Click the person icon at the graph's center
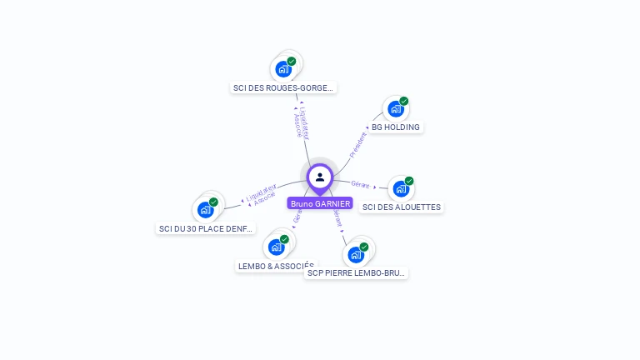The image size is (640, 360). click(320, 177)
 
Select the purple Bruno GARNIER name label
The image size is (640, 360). click(320, 203)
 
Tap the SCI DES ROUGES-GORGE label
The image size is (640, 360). click(283, 87)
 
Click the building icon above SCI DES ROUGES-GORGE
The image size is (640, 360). click(283, 69)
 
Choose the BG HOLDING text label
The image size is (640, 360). click(396, 127)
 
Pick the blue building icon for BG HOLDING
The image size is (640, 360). click(396, 108)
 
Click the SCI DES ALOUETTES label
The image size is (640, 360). click(402, 207)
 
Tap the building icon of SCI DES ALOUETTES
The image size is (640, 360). click(401, 188)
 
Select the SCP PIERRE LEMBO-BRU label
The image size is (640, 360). click(356, 272)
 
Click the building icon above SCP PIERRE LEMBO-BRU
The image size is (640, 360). click(356, 254)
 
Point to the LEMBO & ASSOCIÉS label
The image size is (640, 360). click(275, 267)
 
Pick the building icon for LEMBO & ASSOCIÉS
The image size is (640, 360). click(276, 247)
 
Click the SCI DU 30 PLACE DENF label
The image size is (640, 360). click(206, 228)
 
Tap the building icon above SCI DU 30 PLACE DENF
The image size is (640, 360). click(206, 209)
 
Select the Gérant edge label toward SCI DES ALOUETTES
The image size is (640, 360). click(360, 184)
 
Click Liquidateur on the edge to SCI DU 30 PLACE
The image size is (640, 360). click(261, 193)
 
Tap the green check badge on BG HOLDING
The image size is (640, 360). click(404, 101)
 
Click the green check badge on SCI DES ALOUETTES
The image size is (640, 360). click(409, 181)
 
